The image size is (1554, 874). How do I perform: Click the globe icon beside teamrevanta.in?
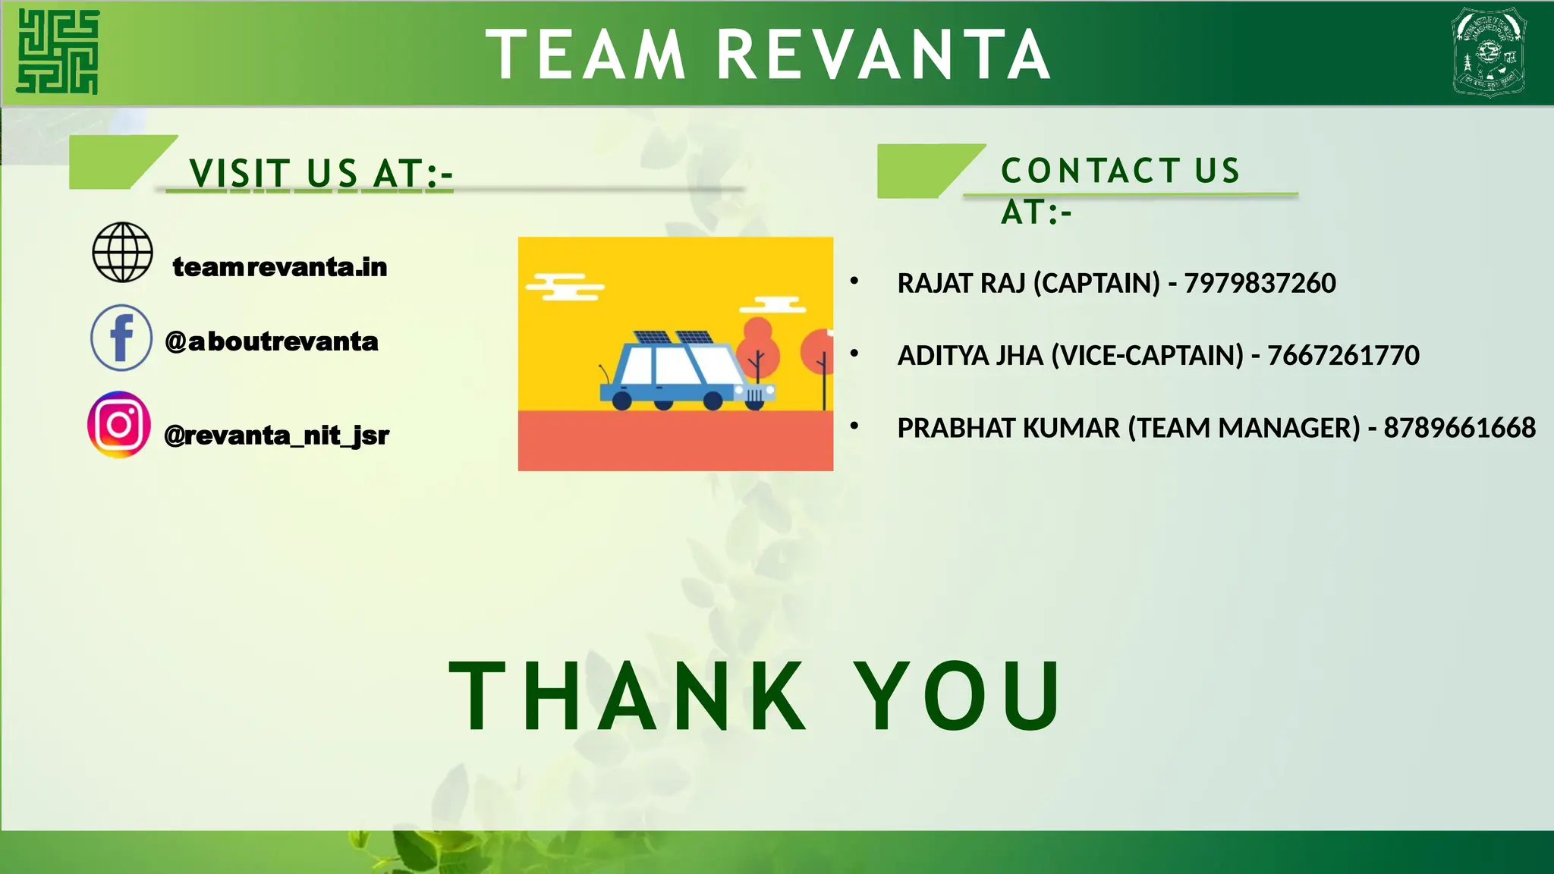(122, 252)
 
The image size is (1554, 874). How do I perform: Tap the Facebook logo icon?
(121, 338)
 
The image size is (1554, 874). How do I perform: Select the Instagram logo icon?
(119, 425)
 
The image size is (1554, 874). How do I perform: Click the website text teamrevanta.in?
(279, 267)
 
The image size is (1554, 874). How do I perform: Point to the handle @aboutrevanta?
(271, 341)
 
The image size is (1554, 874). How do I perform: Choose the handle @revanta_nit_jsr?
(276, 435)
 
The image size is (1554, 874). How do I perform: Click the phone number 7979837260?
(1260, 283)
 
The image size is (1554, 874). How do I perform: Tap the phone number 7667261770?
(1343, 355)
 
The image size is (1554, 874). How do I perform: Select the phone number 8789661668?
(1459, 428)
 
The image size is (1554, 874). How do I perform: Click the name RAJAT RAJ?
(961, 283)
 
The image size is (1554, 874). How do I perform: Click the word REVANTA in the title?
(883, 55)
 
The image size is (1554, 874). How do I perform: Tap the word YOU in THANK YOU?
(958, 696)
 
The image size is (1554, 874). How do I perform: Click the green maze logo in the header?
(58, 52)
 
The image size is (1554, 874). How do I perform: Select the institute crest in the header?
(1489, 52)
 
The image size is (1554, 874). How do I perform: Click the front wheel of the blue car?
(713, 401)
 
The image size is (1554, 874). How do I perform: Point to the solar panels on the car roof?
(674, 338)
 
